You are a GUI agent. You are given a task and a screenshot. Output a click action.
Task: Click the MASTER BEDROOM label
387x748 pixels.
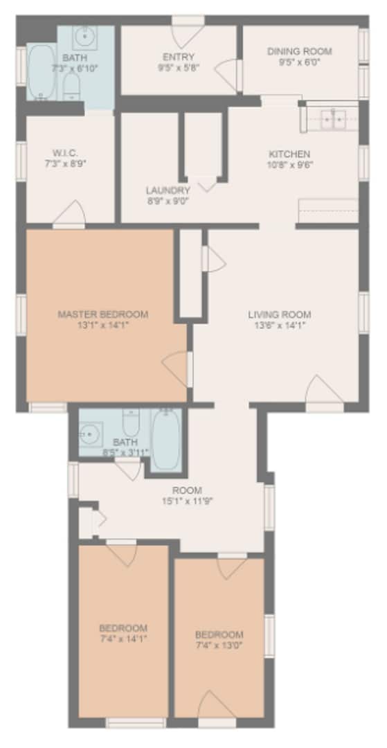(103, 314)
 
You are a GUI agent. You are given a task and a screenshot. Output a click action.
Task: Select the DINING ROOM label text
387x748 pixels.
(300, 51)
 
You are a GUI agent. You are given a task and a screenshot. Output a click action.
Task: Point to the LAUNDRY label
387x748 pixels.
(168, 190)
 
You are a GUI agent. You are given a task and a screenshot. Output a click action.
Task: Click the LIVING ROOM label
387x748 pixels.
(280, 314)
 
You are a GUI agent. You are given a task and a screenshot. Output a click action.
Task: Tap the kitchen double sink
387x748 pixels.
(332, 120)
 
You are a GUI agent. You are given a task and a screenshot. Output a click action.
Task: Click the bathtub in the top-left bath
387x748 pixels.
(41, 72)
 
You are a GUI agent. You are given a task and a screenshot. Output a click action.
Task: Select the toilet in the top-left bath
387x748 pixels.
(71, 87)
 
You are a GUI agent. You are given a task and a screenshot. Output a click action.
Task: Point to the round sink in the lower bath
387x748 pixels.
(90, 434)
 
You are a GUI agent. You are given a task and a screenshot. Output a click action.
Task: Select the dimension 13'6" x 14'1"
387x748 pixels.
(280, 324)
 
